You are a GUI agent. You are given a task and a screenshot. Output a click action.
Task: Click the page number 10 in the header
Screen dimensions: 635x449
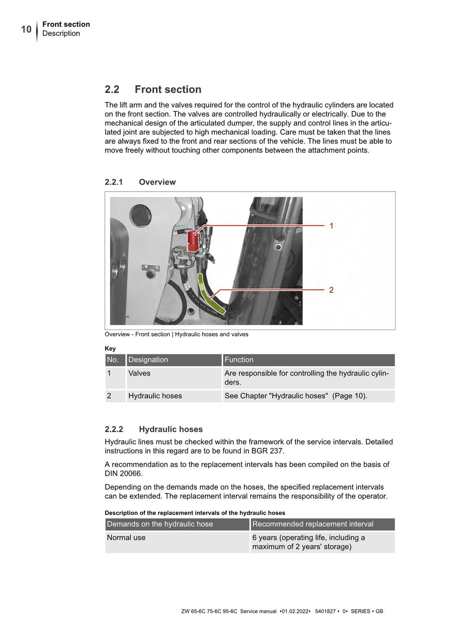26,29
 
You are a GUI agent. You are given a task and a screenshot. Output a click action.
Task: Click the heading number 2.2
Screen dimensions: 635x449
112,89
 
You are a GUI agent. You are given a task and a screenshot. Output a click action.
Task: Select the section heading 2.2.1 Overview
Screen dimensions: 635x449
140,182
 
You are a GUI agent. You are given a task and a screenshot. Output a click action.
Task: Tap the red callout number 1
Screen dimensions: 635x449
331,226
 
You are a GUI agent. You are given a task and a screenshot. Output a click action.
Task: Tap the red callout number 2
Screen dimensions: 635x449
331,290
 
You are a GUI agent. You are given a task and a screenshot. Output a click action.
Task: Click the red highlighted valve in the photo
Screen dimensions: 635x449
193,241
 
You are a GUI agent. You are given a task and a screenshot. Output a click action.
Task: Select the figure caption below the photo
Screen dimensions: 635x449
176,334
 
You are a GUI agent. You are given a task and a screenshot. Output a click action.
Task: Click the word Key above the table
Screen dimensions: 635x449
110,348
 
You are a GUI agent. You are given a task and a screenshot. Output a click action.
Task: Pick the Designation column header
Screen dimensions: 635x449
148,360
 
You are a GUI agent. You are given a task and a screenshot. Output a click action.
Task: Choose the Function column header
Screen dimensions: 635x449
239,360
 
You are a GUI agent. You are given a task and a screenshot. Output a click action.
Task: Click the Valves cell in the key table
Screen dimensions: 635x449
139,373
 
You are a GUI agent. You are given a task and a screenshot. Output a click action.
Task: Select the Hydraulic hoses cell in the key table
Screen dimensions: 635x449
155,396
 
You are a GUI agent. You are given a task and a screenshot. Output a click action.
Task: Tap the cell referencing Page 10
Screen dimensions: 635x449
296,396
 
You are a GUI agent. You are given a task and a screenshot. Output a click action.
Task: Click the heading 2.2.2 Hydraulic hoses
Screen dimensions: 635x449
153,429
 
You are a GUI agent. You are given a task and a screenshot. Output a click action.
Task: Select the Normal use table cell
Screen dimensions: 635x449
126,538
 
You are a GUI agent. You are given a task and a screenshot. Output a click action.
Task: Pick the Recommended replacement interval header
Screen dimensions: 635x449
313,524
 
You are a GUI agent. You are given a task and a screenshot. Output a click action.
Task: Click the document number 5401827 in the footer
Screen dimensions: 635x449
325,611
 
